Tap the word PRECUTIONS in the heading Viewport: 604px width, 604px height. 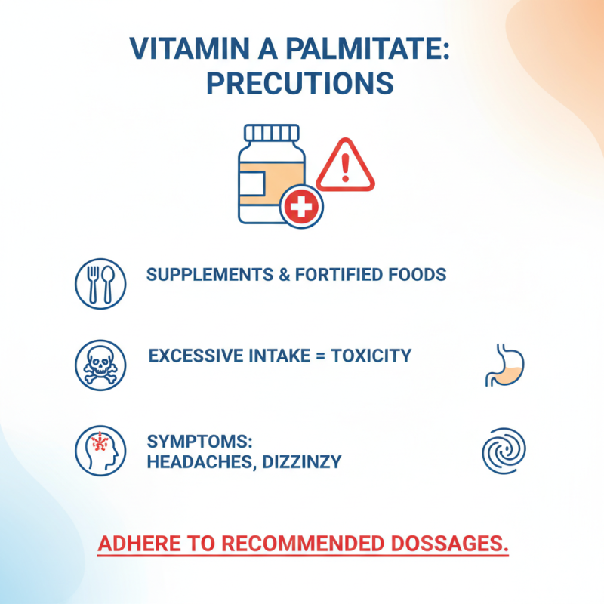300,83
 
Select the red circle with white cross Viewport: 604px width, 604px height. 301,206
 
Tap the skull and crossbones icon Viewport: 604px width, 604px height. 98,364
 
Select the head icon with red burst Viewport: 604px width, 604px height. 98,451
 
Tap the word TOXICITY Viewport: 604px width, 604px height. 372,355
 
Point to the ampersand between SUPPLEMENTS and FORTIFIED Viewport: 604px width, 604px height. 284,274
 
